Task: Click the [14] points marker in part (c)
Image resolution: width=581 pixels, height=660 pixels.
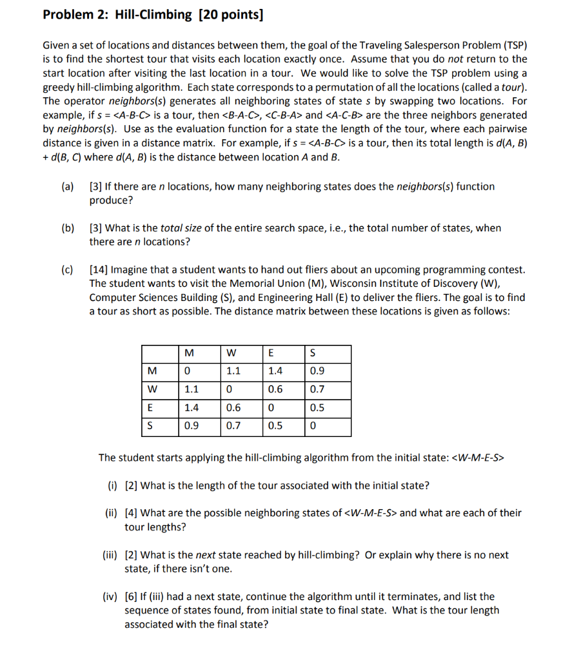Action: (x=99, y=269)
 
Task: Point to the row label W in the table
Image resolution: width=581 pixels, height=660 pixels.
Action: (x=152, y=389)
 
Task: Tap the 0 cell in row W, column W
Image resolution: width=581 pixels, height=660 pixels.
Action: (x=229, y=389)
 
